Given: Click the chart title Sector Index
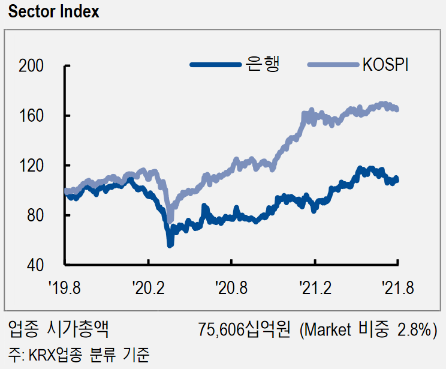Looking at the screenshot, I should pos(54,12).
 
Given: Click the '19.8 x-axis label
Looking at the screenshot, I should pos(65,289).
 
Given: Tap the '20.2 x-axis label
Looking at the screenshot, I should pos(148,289).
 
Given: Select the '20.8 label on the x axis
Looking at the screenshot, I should pos(231,289).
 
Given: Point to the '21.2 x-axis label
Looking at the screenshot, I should pos(315,289).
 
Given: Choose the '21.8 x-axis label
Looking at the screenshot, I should pos(398,289).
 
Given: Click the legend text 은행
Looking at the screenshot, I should pos(262,64).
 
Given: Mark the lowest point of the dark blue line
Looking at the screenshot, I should pos(170,244).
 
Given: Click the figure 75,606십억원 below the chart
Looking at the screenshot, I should pos(244,329).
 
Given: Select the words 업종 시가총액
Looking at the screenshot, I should pos(58,329).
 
